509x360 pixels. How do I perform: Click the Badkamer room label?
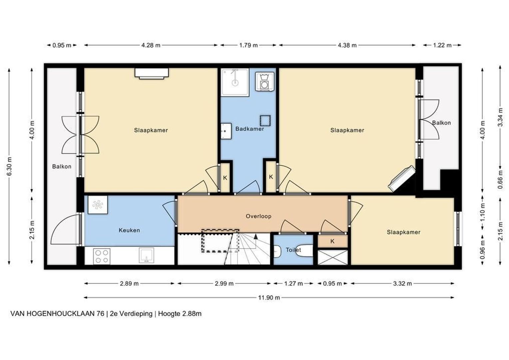pos(250,129)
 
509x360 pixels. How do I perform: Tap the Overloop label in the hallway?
pos(258,216)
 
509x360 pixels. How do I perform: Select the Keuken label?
pos(129,230)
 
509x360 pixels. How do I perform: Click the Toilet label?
pos(293,250)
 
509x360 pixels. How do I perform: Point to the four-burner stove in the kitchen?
pos(102,256)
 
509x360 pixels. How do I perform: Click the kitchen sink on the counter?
pos(147,256)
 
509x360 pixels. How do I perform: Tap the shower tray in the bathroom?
pos(235,82)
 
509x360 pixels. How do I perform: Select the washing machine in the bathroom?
pos(264,81)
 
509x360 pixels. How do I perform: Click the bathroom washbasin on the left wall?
pos(226,131)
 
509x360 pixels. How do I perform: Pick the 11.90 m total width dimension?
pos(269,297)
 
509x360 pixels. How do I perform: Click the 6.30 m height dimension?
pos(9,166)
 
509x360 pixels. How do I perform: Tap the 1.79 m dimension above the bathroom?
pos(249,45)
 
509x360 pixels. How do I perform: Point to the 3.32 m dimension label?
pos(402,284)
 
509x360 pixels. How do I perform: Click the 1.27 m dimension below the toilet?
pos(293,284)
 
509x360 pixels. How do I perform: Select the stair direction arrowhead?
pos(256,236)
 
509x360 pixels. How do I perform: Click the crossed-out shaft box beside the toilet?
pos(333,257)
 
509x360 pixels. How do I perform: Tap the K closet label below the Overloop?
pos(332,241)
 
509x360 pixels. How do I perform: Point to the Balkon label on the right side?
pos(441,123)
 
